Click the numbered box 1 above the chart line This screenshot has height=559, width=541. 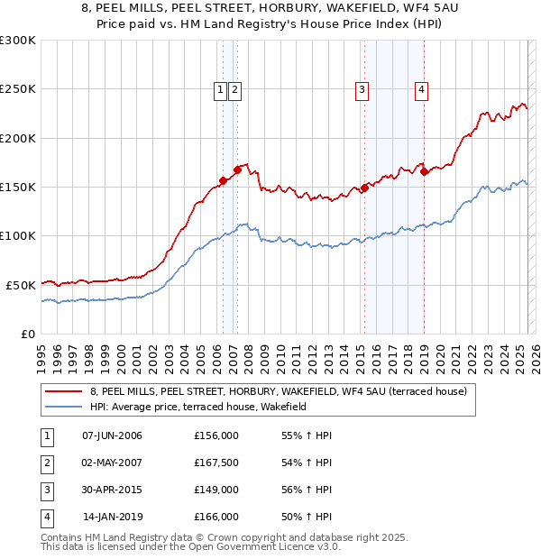(x=220, y=89)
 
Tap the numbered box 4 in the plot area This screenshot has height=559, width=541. (x=421, y=89)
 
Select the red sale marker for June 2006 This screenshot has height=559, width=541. (x=223, y=180)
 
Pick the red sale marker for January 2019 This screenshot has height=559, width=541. (x=424, y=171)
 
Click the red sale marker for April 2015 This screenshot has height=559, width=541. (x=364, y=188)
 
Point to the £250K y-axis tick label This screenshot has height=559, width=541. (x=19, y=89)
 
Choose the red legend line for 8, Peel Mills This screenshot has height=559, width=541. (x=62, y=392)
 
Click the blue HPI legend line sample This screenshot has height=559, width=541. (x=62, y=408)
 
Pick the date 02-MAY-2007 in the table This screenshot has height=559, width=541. (x=112, y=463)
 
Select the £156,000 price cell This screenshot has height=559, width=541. (x=216, y=435)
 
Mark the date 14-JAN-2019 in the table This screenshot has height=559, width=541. (x=112, y=517)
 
